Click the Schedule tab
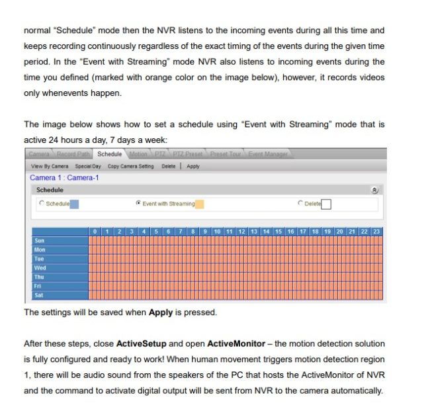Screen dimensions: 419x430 tap(110, 154)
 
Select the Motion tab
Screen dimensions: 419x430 tap(138, 154)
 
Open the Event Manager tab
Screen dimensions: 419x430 tap(268, 154)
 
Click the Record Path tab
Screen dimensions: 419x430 tap(73, 154)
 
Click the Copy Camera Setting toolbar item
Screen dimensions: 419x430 tap(131, 166)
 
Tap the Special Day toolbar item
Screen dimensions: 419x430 tap(88, 166)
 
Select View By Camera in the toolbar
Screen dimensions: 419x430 tap(50, 166)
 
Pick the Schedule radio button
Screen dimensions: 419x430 tap(42, 203)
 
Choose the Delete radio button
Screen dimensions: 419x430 tap(300, 203)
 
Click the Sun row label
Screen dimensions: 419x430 tap(40, 241)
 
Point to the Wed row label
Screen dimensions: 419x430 tap(40, 268)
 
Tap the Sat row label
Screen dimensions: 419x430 tap(40, 295)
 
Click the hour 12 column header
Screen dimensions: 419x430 tap(242, 232)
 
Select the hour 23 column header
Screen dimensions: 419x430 tap(376, 232)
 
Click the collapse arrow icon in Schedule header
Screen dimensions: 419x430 tap(374, 190)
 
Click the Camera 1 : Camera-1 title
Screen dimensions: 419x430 tap(65, 177)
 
